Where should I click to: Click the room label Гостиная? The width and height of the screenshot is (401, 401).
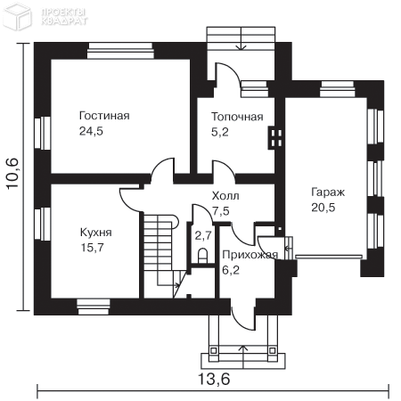pos(104,116)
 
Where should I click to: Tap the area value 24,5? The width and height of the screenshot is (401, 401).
pos(91,131)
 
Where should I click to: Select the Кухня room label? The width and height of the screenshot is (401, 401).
pos(96,233)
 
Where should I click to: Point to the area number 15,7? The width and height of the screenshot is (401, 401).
pos(93,248)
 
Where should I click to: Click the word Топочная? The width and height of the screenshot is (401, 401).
pos(237,117)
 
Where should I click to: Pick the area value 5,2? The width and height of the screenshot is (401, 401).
pos(220,132)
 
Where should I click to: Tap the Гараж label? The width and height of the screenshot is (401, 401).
pos(328,192)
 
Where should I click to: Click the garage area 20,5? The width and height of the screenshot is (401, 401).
pos(323,208)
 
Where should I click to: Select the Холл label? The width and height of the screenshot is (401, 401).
pos(225,196)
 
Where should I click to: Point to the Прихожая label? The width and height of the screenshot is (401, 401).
pos(250,255)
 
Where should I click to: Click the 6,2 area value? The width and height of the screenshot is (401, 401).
pos(231,270)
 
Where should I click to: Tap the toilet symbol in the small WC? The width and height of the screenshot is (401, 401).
pos(202,256)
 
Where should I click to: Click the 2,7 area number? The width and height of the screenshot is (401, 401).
pos(203,235)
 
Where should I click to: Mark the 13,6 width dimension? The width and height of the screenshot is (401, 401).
pos(214,379)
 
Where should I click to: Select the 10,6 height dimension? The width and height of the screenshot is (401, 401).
pos(13,174)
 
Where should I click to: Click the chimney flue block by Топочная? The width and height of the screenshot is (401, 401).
pos(275,138)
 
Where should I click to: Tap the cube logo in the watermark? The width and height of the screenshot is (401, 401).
pos(17,17)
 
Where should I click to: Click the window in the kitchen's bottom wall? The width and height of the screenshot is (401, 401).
pos(94,307)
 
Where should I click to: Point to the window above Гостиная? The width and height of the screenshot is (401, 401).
pos(120,51)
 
